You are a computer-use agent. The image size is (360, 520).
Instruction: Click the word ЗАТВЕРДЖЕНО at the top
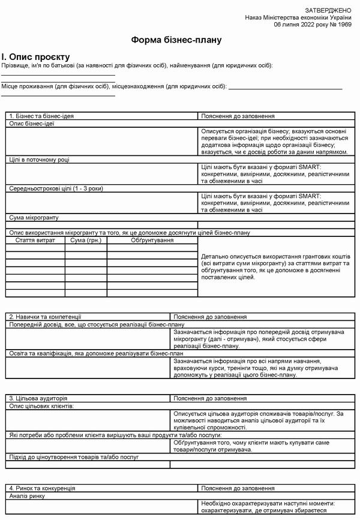pos(328,11)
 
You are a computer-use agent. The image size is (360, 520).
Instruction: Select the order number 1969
pos(344,25)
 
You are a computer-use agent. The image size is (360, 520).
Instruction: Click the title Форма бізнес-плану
pos(176,41)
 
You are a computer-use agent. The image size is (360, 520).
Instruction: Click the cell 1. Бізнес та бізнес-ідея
pos(41,116)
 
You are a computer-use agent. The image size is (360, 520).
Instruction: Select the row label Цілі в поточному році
pos(39,160)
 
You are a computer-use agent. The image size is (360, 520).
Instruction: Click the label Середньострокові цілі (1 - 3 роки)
pos(56,188)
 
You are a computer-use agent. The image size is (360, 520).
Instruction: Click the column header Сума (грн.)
pos(86,240)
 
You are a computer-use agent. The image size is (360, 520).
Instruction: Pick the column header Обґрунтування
pos(152,240)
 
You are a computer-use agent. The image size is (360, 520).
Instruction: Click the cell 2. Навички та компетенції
pos(45,316)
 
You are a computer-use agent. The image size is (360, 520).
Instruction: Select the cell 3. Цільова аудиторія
pos(38,398)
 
